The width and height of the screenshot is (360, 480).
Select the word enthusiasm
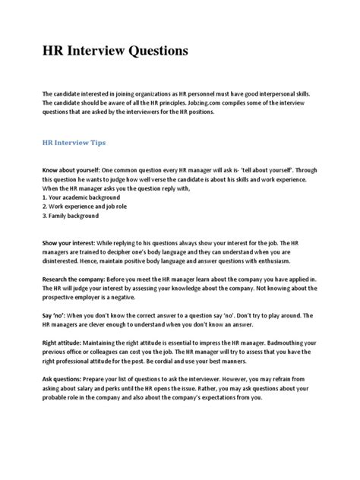coord(235,258)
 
